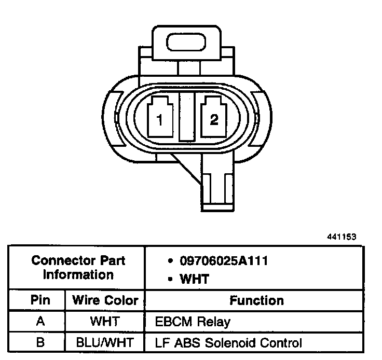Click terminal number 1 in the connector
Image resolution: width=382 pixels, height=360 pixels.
coord(160,119)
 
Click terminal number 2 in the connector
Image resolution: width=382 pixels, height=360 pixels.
coord(214,119)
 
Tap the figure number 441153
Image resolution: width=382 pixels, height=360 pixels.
coord(342,237)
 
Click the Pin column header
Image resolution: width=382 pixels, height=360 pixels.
coord(40,300)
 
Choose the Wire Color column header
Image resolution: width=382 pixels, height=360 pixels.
coord(105,300)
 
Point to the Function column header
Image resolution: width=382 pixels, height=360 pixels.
coord(256,300)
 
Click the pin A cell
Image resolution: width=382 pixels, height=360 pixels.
coord(40,322)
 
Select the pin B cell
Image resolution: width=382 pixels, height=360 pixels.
coord(40,342)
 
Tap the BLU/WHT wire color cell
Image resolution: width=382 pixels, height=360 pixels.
coord(105,342)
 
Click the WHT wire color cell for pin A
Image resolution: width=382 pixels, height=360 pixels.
coord(105,322)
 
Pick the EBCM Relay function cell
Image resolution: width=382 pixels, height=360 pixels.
coord(193,322)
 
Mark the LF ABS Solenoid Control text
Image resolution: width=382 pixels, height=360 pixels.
coord(228,342)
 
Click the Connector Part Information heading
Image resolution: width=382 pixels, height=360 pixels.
coord(78,267)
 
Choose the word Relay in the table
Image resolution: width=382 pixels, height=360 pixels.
coord(214,322)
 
